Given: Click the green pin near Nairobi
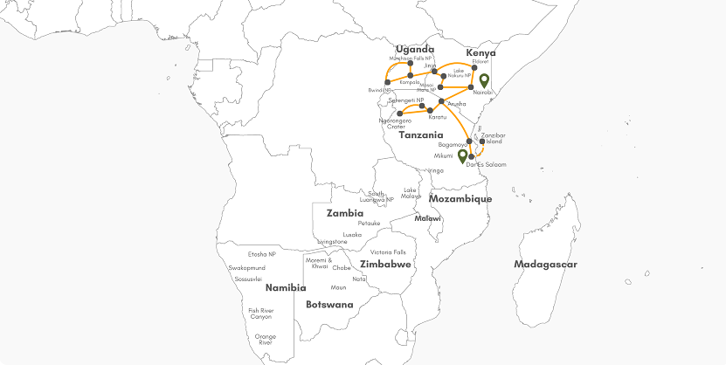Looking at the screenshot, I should (x=483, y=82).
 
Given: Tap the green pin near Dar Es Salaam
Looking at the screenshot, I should (x=462, y=157).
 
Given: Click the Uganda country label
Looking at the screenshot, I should (x=414, y=50).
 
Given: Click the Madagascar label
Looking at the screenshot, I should (x=546, y=264).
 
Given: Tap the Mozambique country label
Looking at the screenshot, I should (x=460, y=199).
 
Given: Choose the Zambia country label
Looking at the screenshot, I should (x=345, y=213).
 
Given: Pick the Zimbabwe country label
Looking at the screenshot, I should (x=385, y=264).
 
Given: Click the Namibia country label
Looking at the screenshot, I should (x=286, y=287).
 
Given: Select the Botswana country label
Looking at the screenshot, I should (x=329, y=305).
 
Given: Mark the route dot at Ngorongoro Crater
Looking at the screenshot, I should (x=399, y=113).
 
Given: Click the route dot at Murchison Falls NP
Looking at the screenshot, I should (x=410, y=64).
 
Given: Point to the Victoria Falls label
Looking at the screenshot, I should (x=388, y=252).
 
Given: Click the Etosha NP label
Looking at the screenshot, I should (x=262, y=254).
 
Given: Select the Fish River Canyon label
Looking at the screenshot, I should (x=260, y=313).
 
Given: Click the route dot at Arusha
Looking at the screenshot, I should (x=442, y=102).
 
